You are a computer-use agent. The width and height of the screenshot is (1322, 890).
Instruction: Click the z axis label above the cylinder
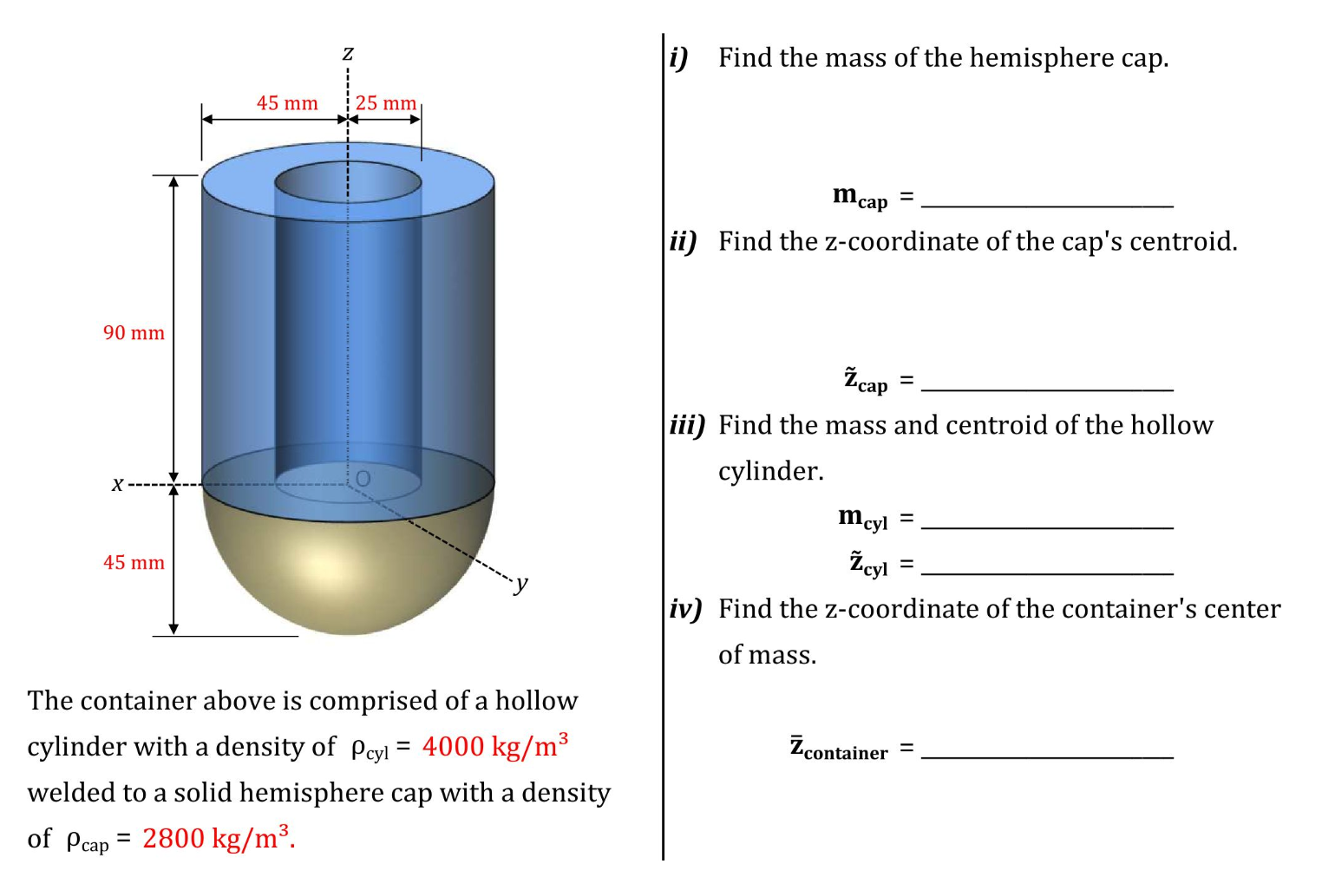(348, 54)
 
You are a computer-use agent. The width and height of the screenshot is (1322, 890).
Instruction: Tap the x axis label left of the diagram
(117, 484)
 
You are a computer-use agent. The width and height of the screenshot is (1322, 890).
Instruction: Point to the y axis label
(520, 584)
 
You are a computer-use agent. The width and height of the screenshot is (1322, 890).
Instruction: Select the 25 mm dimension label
(386, 103)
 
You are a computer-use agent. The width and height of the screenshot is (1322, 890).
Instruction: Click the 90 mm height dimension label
(134, 333)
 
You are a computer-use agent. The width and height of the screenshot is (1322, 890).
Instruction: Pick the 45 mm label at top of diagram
(287, 103)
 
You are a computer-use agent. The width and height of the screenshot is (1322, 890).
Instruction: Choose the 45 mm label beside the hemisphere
(134, 563)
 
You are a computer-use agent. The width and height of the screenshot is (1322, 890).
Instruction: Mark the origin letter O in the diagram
(363, 479)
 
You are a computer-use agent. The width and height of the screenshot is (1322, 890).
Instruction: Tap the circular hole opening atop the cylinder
(348, 182)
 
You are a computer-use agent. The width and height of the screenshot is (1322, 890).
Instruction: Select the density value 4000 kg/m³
(494, 746)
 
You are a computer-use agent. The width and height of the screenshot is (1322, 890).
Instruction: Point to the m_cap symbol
(860, 197)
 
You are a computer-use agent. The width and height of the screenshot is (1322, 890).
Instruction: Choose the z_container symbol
(839, 748)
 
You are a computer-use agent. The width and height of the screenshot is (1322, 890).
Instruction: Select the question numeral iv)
(685, 609)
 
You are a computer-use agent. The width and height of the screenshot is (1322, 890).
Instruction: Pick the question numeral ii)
(684, 241)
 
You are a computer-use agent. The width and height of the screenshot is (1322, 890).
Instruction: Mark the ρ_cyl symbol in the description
(370, 748)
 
